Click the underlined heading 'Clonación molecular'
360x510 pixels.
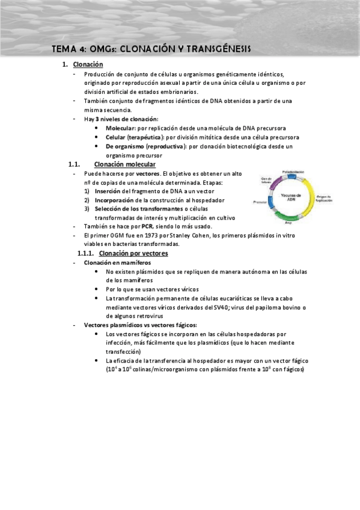126,164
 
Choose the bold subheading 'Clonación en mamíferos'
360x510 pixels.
118,263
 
